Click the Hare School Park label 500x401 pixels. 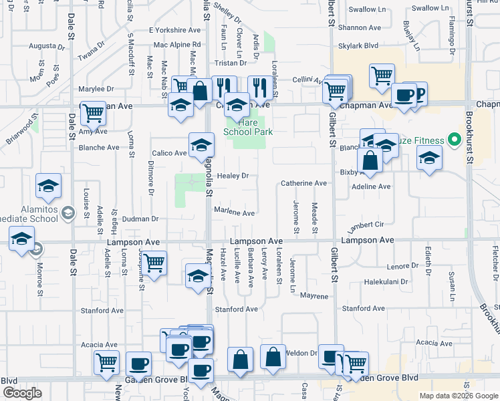(248, 128)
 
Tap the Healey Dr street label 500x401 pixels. (232, 176)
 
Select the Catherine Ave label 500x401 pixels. (303, 183)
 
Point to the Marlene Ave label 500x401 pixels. (234, 213)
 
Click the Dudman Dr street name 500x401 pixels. (140, 219)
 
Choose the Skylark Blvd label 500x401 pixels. (358, 45)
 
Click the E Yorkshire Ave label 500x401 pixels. (174, 31)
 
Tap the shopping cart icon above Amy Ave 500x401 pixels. (93, 112)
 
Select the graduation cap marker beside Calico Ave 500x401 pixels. (201, 145)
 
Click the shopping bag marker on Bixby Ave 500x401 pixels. (370, 160)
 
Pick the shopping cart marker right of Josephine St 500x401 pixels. (154, 263)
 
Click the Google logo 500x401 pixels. (22, 393)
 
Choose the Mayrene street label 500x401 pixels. (314, 295)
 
